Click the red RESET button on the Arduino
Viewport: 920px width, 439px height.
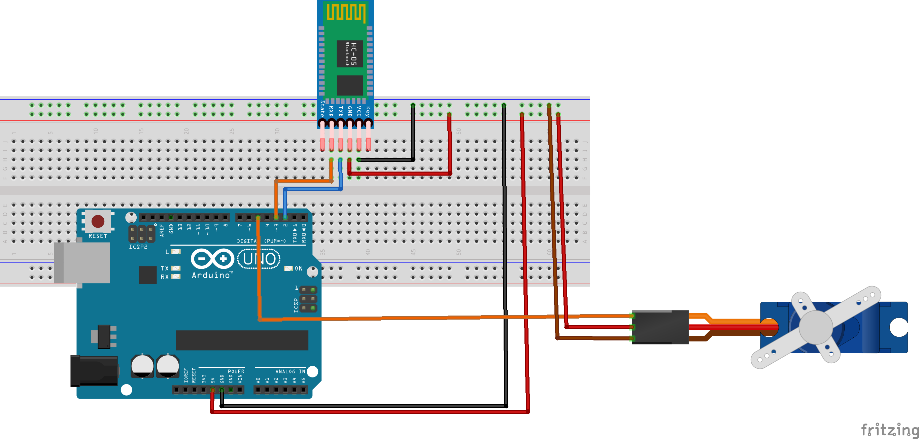(98, 221)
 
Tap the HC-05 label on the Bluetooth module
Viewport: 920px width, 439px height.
(353, 54)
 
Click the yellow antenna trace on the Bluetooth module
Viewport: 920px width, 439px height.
(346, 12)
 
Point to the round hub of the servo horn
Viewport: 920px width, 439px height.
(815, 327)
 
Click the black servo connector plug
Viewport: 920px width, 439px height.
(660, 327)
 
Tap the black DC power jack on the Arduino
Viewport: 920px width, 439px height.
(94, 371)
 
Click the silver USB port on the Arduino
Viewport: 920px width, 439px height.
(82, 263)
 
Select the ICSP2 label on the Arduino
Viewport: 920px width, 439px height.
(138, 247)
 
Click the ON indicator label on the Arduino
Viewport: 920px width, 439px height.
(299, 268)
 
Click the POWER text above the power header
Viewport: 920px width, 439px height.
(236, 371)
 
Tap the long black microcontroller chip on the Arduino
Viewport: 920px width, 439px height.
(242, 340)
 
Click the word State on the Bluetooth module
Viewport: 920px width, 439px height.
(322, 109)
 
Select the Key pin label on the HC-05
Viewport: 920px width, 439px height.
(368, 111)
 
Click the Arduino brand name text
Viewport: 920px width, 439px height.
(211, 275)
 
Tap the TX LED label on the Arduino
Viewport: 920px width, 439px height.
(165, 268)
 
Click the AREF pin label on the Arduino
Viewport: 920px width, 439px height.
(162, 230)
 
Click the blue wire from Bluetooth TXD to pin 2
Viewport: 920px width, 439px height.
(312, 189)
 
